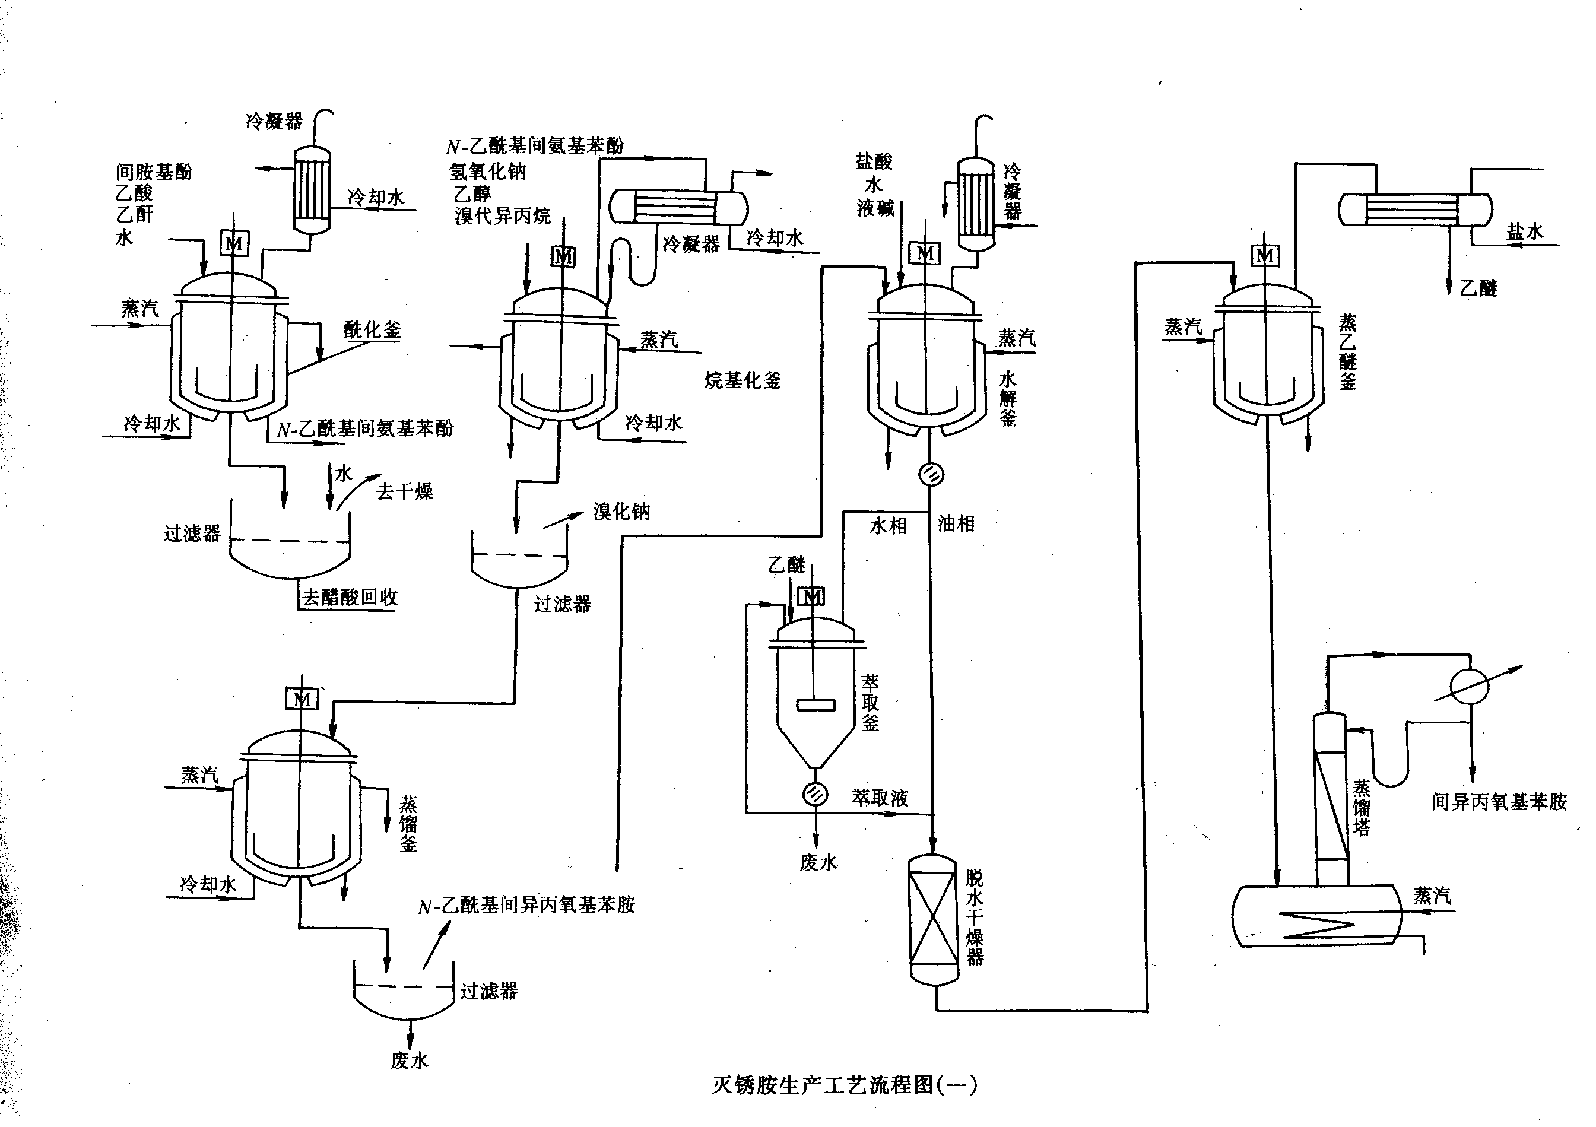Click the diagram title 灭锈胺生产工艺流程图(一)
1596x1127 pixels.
(x=844, y=1085)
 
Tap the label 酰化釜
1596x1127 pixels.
(x=373, y=329)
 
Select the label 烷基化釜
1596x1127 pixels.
(x=743, y=380)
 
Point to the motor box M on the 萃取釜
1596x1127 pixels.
(x=812, y=596)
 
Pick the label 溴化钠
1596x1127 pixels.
(x=621, y=512)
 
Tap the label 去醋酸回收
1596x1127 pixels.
(x=350, y=596)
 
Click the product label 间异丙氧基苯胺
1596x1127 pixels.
(x=1499, y=802)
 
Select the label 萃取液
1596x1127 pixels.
(x=880, y=798)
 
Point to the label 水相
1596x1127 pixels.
(x=889, y=526)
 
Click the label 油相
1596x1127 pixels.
(x=956, y=523)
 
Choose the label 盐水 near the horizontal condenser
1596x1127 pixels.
(x=1524, y=231)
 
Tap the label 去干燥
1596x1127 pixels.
(x=405, y=491)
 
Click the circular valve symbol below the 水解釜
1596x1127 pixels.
(x=931, y=474)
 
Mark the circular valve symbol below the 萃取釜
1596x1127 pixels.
(x=816, y=793)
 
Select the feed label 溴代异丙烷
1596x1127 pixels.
(x=503, y=215)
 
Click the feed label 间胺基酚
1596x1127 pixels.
(x=154, y=171)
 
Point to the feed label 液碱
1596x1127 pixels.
(x=875, y=207)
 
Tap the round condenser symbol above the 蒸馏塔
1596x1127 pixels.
(x=1470, y=687)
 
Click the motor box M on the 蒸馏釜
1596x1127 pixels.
(x=302, y=699)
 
